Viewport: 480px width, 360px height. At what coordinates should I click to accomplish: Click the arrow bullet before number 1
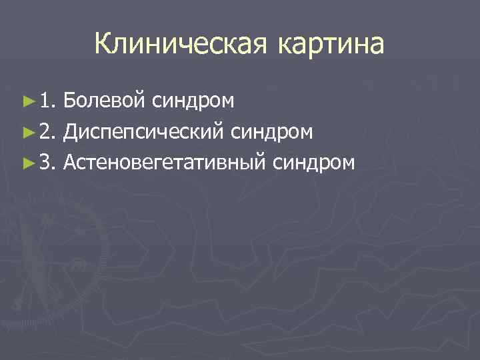(28, 101)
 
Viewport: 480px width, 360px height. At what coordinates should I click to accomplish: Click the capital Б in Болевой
(71, 101)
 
